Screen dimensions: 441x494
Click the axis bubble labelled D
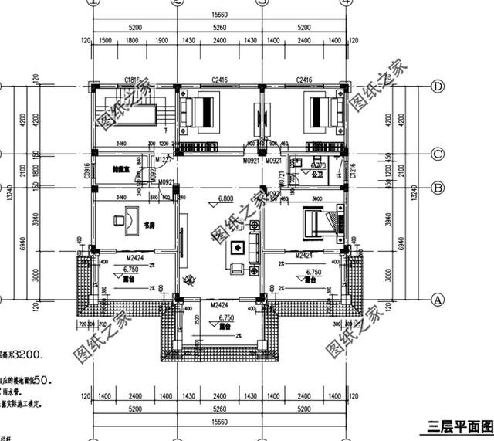[x=437, y=86]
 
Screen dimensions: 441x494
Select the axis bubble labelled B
[x=437, y=187]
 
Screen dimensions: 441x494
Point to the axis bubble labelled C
[x=437, y=154]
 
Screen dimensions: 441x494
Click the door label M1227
[x=163, y=160]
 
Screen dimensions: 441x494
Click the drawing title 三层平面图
[x=458, y=427]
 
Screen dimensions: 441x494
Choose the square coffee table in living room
[x=237, y=248]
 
